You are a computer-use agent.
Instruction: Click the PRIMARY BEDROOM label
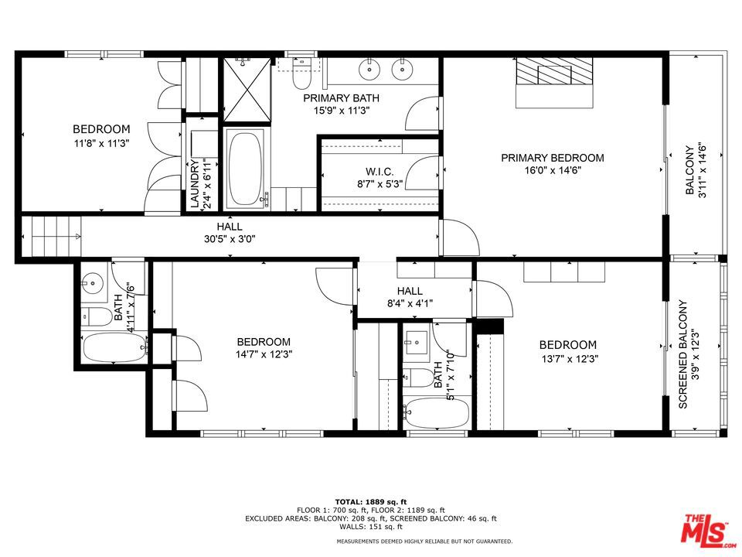(x=552, y=158)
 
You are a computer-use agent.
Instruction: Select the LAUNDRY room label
(x=196, y=183)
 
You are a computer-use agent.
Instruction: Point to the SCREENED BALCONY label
(x=683, y=354)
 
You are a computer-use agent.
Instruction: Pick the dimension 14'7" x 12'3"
(x=264, y=354)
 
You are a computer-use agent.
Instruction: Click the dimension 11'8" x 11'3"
(x=101, y=143)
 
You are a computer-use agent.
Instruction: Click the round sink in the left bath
(x=94, y=282)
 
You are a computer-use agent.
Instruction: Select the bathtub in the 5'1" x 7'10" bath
(x=435, y=412)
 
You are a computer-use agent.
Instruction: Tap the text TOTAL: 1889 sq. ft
(x=370, y=501)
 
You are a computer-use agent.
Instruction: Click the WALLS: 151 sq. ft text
(x=370, y=527)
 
